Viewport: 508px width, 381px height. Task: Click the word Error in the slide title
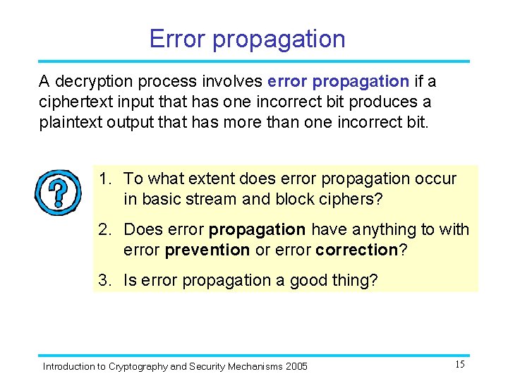point(177,39)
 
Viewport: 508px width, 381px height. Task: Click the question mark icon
point(59,192)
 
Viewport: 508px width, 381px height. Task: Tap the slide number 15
point(459,364)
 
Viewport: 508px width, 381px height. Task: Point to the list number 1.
point(104,179)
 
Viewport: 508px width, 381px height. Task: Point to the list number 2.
point(104,230)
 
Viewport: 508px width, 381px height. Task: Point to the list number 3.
point(104,281)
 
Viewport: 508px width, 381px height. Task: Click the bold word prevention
point(207,250)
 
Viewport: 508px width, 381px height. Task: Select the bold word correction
point(357,250)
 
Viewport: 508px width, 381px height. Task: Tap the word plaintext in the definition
point(70,121)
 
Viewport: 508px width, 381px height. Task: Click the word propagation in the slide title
point(279,39)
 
